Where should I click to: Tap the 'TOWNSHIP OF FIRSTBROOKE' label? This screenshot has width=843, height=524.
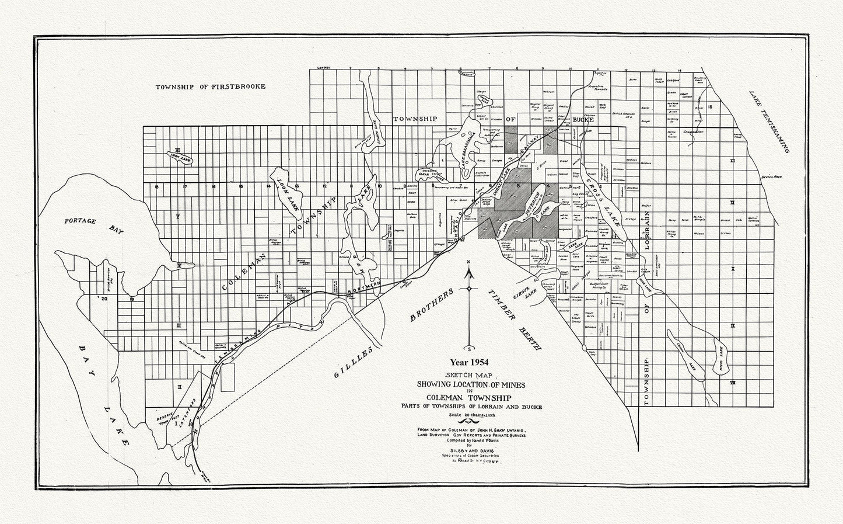point(210,86)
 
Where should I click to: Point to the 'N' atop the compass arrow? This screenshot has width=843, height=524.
point(469,261)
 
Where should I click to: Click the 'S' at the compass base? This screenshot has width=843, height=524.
point(469,348)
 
